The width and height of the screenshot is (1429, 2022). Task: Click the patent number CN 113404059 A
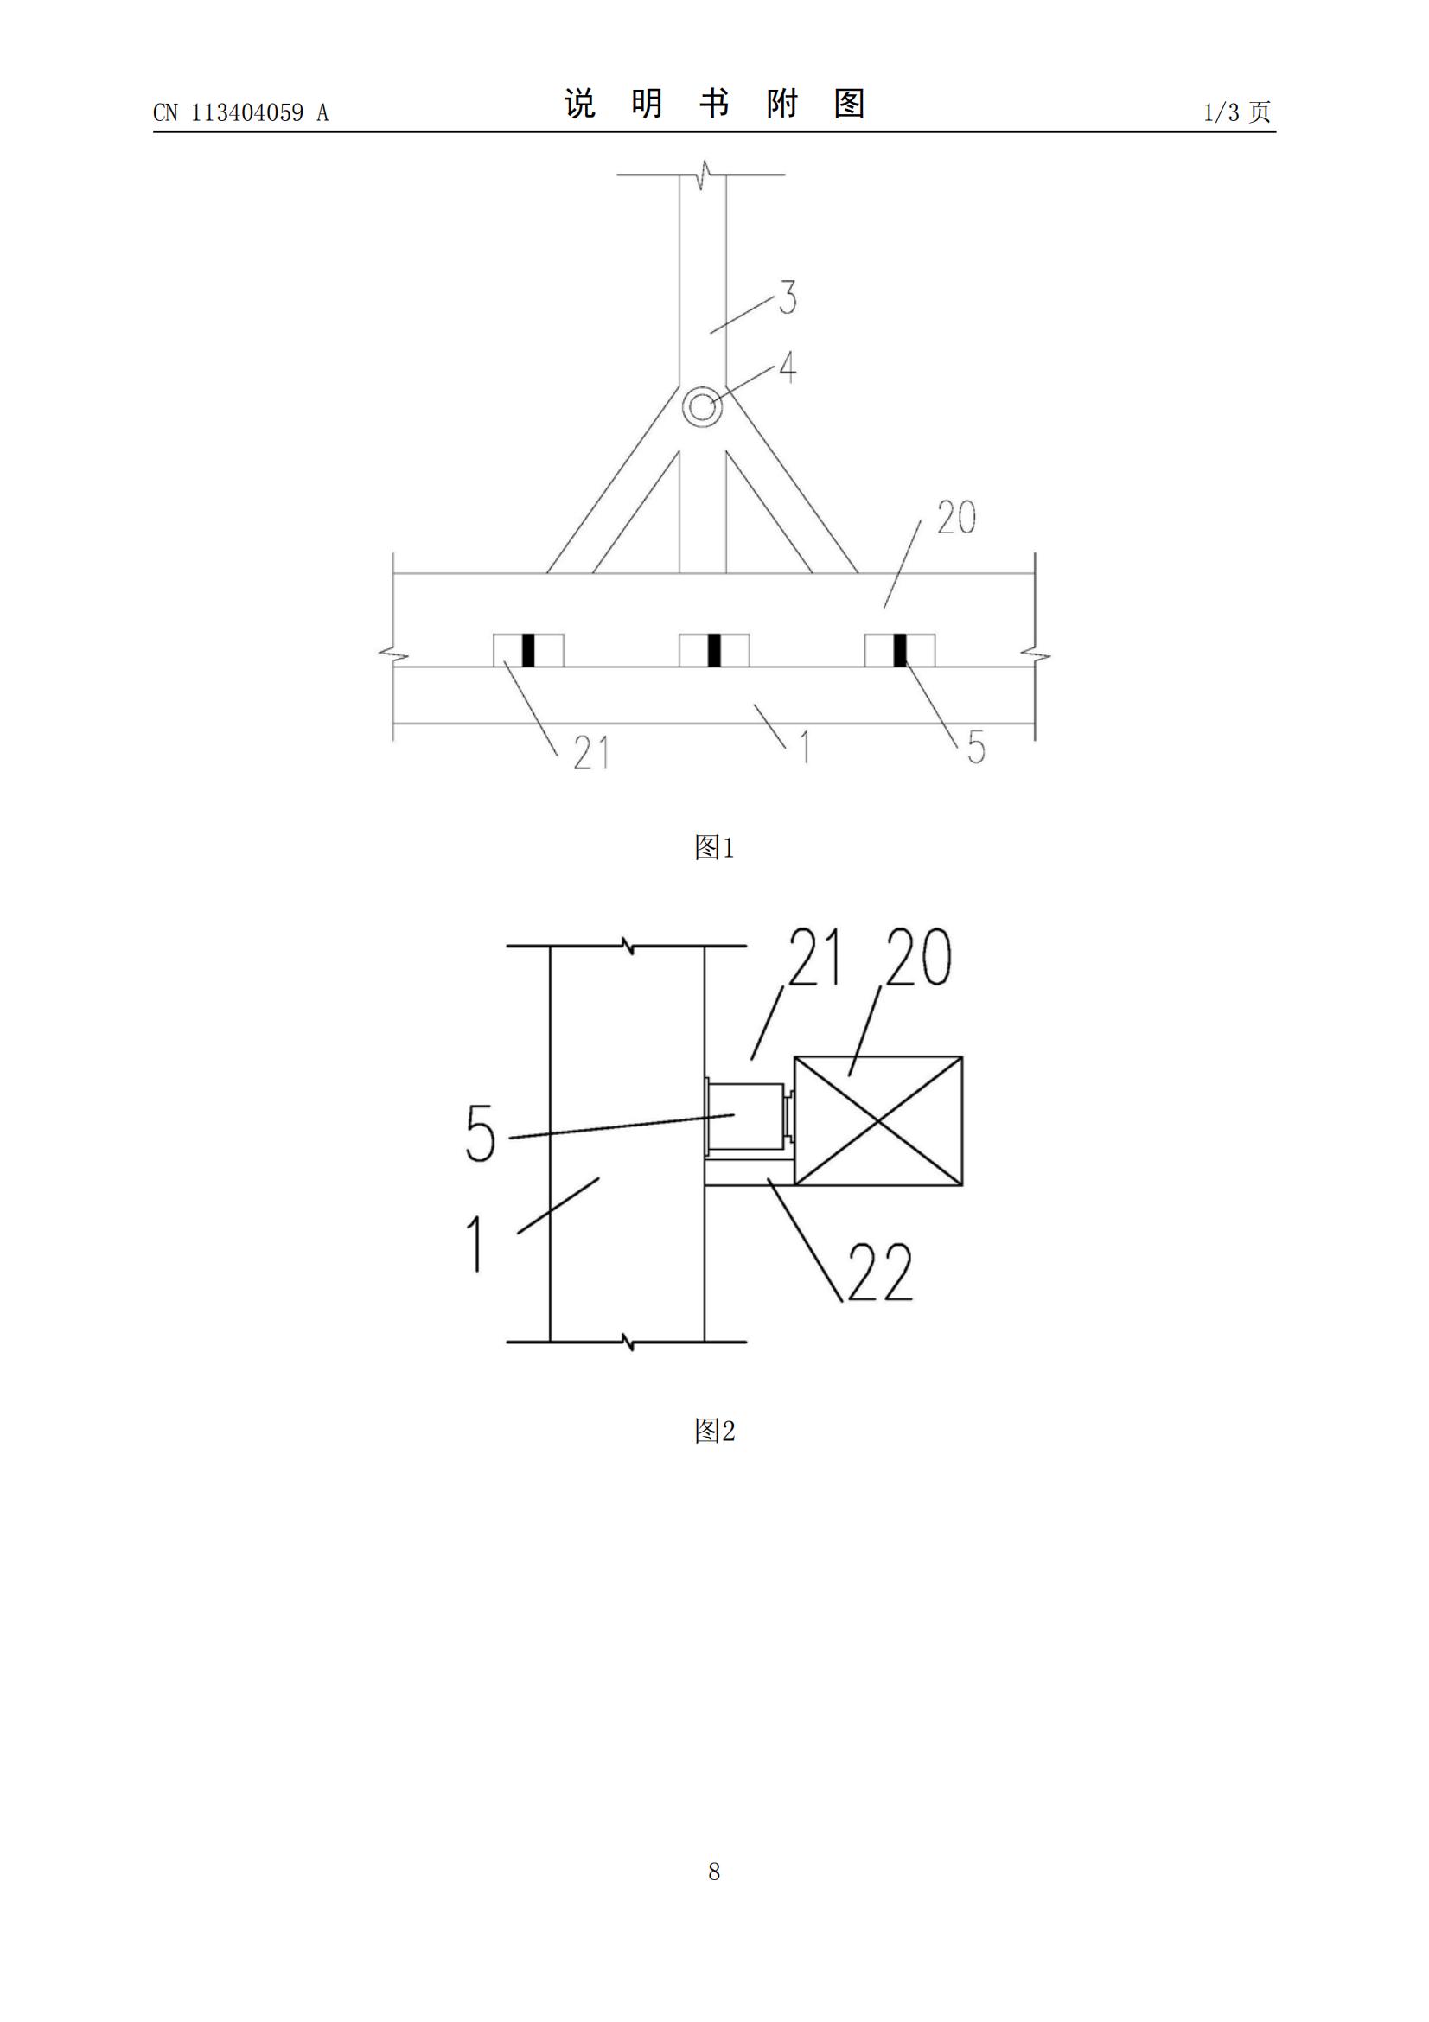point(240,112)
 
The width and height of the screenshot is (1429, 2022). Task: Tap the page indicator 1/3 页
point(1238,112)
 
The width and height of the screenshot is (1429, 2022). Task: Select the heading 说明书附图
point(714,104)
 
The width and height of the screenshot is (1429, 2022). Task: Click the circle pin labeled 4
point(702,407)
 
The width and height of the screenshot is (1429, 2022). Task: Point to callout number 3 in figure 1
point(788,297)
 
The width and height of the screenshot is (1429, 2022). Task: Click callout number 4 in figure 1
point(788,367)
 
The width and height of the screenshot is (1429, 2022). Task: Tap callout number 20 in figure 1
point(956,518)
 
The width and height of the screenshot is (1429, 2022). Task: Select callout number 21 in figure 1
point(590,753)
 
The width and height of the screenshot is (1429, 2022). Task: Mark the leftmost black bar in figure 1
point(528,650)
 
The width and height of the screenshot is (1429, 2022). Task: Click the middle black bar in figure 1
point(714,650)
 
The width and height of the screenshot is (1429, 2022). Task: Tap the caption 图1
point(714,847)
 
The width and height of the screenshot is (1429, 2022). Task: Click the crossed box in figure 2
point(877,1121)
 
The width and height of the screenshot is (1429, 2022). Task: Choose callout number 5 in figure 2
point(481,1133)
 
